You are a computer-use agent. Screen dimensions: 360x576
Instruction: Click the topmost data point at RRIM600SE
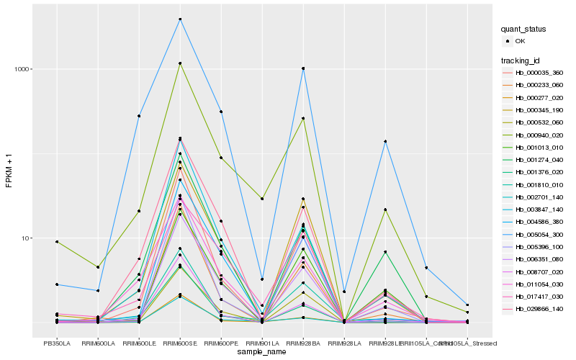pos(180,19)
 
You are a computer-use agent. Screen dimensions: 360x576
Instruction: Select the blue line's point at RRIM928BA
pos(303,68)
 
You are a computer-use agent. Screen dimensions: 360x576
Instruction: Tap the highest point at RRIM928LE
pos(385,141)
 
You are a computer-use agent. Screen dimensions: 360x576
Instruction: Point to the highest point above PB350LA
pos(57,242)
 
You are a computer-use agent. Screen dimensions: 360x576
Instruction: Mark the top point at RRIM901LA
pos(262,199)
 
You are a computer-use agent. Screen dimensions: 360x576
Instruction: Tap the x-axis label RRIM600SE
pos(180,344)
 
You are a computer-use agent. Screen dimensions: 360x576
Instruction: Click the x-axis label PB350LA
pos(57,344)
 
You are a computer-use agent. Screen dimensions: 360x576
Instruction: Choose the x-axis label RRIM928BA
pos(303,344)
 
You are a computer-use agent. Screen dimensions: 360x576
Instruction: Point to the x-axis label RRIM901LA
pos(262,344)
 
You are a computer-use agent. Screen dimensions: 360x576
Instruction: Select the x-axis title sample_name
pos(262,353)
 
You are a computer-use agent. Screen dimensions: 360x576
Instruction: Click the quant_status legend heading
pos(523,30)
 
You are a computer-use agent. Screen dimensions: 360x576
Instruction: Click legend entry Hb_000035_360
pos(539,73)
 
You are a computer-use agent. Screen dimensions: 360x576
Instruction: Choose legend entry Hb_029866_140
pos(539,308)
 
